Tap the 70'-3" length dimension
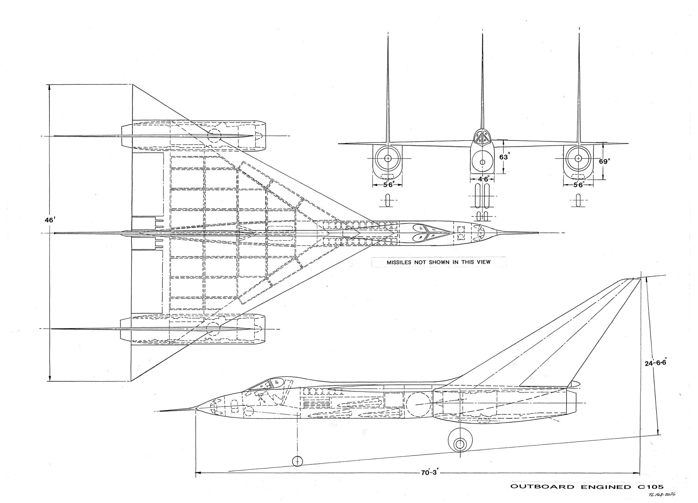click(x=429, y=473)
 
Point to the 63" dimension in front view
click(x=503, y=157)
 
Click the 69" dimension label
click(x=604, y=161)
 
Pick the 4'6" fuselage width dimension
click(x=482, y=179)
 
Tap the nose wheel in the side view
click(x=297, y=461)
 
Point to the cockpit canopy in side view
click(x=271, y=384)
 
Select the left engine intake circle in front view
click(x=388, y=158)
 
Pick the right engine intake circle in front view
click(x=578, y=158)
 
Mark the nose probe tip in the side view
click(x=160, y=411)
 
